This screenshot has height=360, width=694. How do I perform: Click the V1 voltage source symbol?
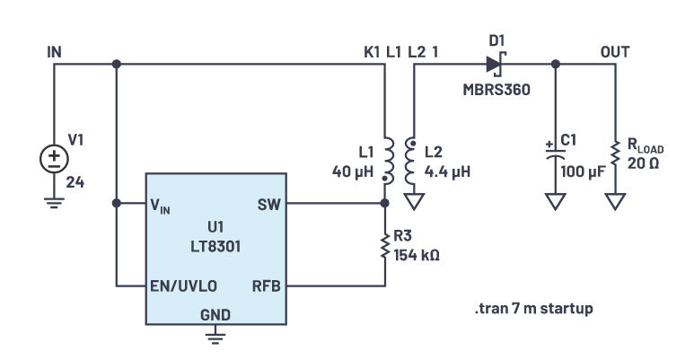(x=54, y=159)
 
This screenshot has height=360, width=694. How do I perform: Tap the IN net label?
(x=54, y=51)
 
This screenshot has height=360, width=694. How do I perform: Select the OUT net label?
(x=615, y=51)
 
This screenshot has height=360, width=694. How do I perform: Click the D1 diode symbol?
(x=493, y=64)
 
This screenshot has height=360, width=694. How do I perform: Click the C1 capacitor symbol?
(x=556, y=154)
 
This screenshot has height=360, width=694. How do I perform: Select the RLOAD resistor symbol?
(x=615, y=154)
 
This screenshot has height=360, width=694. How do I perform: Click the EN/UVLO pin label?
(x=184, y=287)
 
